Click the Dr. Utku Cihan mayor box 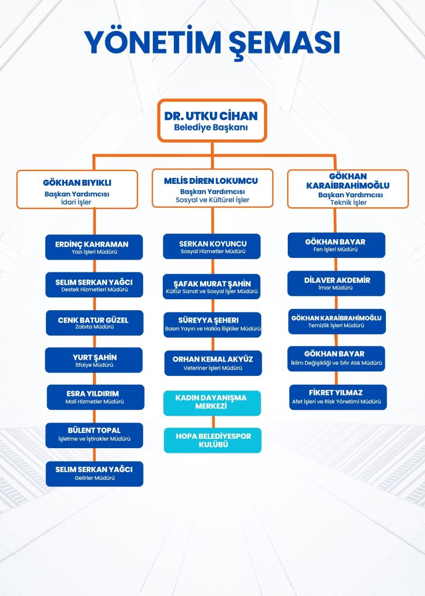[212, 120]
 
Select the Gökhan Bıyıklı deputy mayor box [77, 189]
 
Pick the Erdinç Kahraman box [94, 247]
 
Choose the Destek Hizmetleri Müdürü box [94, 285]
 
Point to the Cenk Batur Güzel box [94, 323]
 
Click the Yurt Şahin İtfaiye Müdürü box [94, 360]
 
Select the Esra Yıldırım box [94, 397]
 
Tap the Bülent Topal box [94, 435]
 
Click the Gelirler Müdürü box [94, 473]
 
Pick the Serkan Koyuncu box [212, 247]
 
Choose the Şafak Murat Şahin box [212, 286]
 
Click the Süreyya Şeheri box [212, 324]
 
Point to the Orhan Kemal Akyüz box [212, 363]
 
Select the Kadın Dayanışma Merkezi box [212, 403]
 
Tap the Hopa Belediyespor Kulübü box [212, 440]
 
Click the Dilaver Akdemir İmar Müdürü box [337, 283]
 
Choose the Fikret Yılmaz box [338, 396]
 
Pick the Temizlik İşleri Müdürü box [337, 321]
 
